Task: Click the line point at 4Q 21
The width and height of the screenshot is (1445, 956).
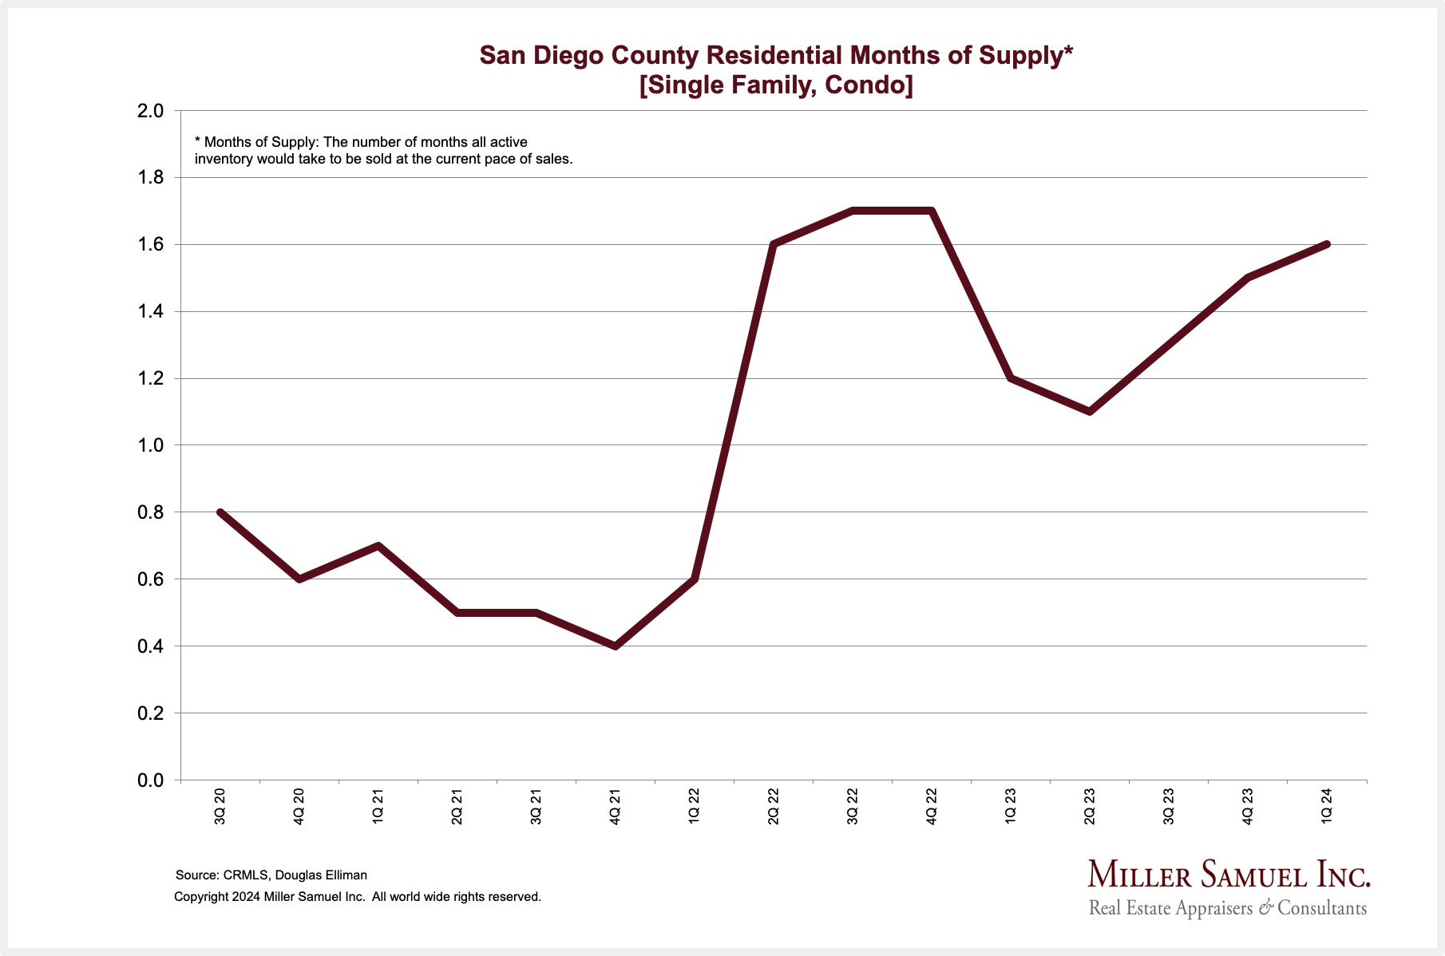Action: pyautogui.click(x=616, y=646)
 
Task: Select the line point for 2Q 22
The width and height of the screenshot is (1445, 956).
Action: pyautogui.click(x=774, y=244)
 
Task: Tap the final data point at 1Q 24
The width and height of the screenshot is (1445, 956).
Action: pyautogui.click(x=1327, y=244)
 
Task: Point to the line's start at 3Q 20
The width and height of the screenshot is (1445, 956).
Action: pyautogui.click(x=220, y=512)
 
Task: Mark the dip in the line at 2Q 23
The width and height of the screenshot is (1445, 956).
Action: pyautogui.click(x=1090, y=411)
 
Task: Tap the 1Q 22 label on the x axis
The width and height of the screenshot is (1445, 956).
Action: pyautogui.click(x=695, y=806)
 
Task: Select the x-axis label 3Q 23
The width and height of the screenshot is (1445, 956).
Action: pyautogui.click(x=1169, y=806)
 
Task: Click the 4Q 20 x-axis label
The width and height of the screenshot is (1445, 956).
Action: pyautogui.click(x=299, y=806)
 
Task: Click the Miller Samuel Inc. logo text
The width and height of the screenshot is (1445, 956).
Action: pyautogui.click(x=1229, y=875)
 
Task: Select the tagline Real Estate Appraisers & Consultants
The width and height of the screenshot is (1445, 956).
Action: pyautogui.click(x=1228, y=908)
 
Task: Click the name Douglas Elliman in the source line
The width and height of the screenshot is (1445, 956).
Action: pyautogui.click(x=321, y=875)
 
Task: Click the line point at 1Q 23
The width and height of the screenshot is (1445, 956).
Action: pyautogui.click(x=1011, y=378)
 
